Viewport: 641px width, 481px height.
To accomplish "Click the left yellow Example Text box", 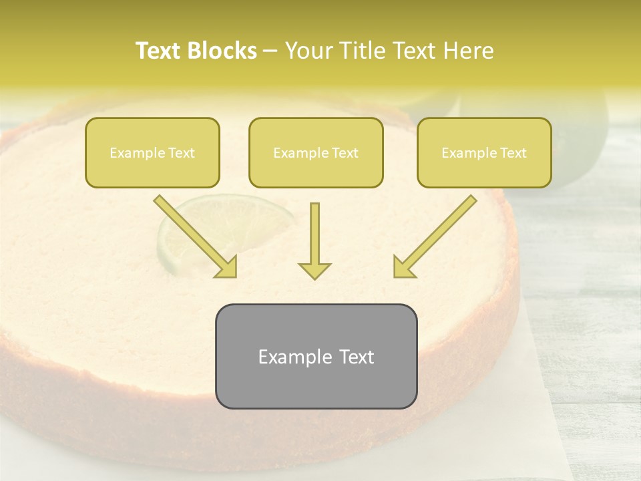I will pyautogui.click(x=152, y=152).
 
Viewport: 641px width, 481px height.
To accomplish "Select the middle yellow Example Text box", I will pyautogui.click(x=316, y=152).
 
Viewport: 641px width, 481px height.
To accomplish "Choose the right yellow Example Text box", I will pyautogui.click(x=484, y=152).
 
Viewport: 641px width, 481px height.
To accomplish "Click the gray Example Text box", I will pyautogui.click(x=316, y=356).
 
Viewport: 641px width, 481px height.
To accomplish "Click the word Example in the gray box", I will pyautogui.click(x=287, y=357).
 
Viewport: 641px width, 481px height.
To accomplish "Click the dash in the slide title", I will pyautogui.click(x=271, y=51).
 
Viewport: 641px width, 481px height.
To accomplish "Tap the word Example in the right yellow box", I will pyautogui.click(x=465, y=153).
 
